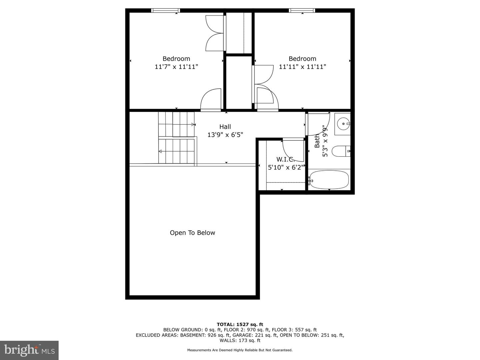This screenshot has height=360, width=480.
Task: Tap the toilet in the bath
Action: click(341, 151)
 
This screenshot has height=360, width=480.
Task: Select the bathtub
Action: click(329, 180)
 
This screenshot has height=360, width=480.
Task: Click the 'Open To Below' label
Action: click(192, 233)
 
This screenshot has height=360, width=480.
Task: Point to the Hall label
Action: click(225, 127)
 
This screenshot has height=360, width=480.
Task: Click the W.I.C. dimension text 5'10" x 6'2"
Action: click(286, 167)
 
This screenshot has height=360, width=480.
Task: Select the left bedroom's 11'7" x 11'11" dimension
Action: click(176, 66)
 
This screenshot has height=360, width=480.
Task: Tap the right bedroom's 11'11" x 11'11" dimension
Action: click(302, 66)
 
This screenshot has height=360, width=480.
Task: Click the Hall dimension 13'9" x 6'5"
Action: click(225, 135)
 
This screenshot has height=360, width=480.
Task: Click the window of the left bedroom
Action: click(166, 10)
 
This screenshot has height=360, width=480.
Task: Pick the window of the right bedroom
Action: click(302, 10)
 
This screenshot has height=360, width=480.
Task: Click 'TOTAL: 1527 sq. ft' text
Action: click(240, 324)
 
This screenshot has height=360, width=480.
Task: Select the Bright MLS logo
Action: click(29, 350)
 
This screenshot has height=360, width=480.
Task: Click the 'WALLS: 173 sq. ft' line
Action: click(240, 340)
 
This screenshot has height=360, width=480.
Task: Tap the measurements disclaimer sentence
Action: click(240, 350)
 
